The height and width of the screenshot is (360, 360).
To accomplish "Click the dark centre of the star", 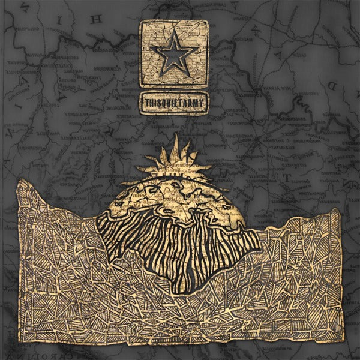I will pos(173,56).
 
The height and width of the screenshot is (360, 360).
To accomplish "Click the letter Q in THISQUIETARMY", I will pos(165,103).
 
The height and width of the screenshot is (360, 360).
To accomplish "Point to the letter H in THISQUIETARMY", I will pos(151,103).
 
